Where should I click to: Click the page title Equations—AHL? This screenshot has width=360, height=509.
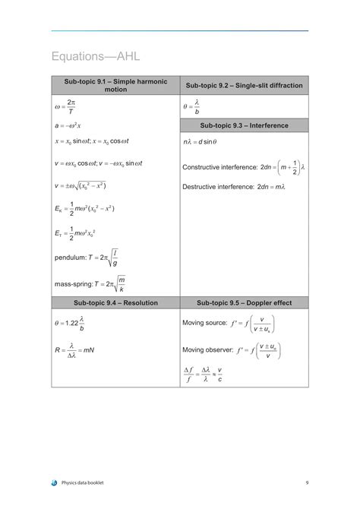pos(96,57)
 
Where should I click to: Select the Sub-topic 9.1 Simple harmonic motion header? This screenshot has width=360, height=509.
pos(115,85)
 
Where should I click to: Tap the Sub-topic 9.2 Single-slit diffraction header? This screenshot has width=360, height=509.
pos(244,85)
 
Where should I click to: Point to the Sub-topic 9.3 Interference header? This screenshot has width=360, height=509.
pos(244,125)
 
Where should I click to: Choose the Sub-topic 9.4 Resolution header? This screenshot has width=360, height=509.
pos(115,302)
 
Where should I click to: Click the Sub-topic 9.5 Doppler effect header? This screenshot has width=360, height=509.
pos(244,302)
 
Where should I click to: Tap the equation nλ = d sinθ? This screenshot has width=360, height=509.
pos(200,142)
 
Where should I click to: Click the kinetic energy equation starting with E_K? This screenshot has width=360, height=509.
pos(84,208)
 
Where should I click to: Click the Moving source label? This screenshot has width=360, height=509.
pos(204,323)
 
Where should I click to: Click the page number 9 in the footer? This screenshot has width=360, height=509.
pos(307,482)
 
